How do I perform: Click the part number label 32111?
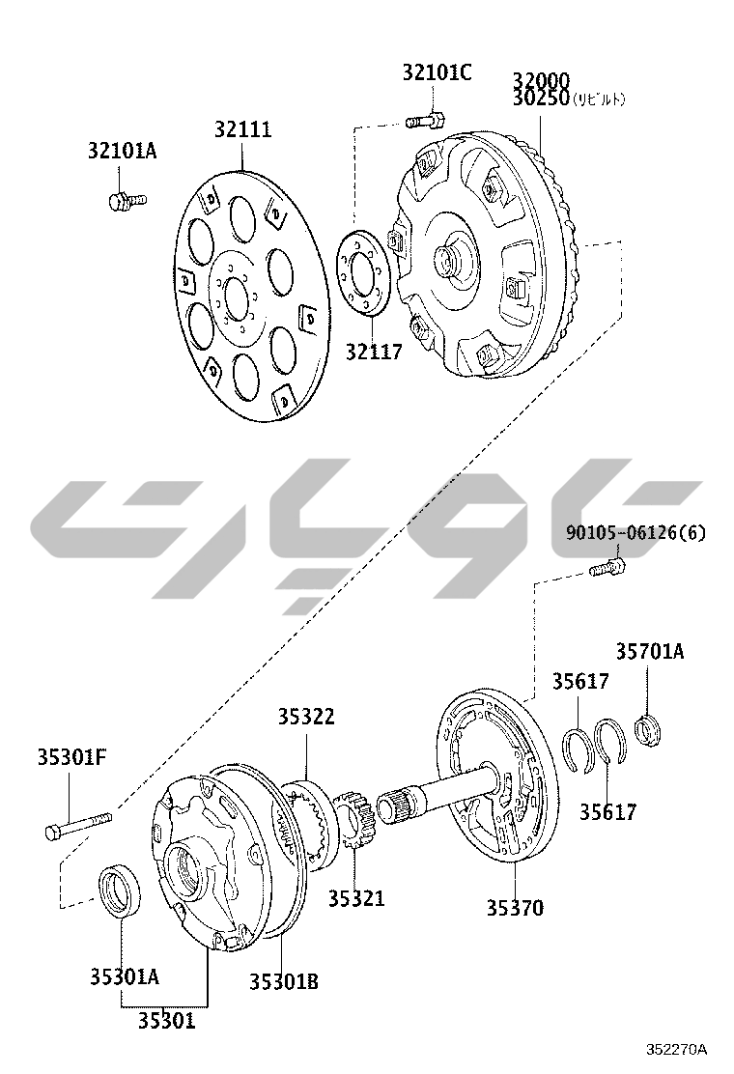242,130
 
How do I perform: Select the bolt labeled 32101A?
123,200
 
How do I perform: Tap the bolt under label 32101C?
425,121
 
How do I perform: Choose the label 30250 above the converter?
541,99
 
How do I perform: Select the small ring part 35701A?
647,730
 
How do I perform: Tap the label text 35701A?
650,652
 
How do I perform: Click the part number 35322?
306,717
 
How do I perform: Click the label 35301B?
284,981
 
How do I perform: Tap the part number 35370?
514,908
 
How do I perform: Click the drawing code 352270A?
677,1049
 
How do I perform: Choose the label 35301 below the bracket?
165,1021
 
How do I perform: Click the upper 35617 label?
580,682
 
